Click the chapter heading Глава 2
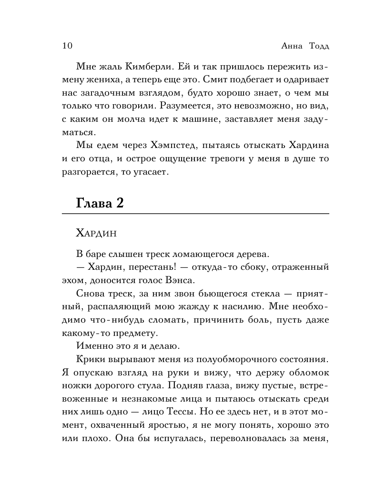(x=100, y=203)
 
